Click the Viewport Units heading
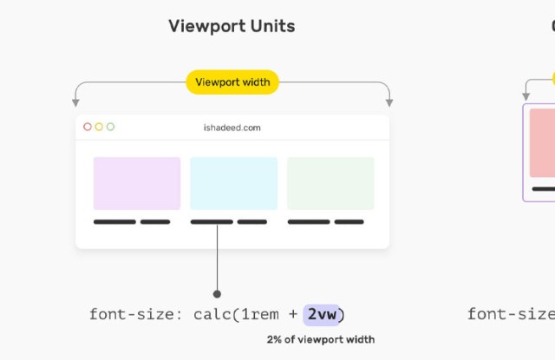(232, 26)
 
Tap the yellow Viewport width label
(232, 82)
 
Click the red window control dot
(88, 127)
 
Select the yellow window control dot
(99, 127)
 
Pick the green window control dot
(110, 127)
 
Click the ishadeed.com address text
(232, 128)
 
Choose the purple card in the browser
(137, 183)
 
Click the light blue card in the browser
(233, 183)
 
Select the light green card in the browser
(330, 183)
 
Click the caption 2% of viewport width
(321, 339)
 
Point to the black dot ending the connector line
(217, 294)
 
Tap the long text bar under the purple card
(114, 222)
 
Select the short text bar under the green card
(349, 222)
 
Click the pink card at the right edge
(543, 143)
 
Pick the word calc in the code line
(212, 314)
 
